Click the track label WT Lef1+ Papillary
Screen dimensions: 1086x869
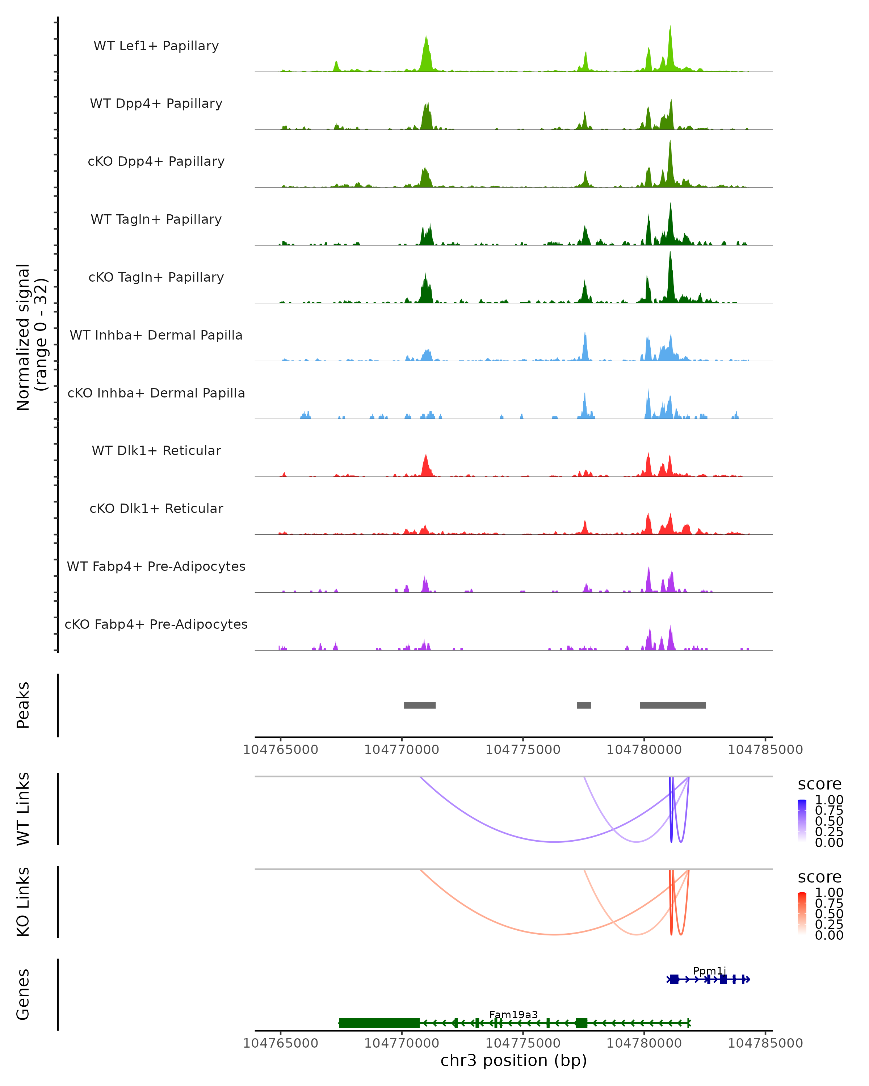pos(156,46)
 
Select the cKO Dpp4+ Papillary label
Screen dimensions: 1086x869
pos(156,161)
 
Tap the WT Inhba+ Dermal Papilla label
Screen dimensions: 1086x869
pos(156,335)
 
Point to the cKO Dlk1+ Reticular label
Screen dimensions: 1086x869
pos(156,508)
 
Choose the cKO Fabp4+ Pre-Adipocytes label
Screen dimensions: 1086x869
pos(156,624)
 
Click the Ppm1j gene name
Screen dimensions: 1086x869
pos(709,971)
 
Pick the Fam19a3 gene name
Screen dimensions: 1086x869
pos(513,1014)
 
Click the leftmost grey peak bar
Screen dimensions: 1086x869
pos(420,705)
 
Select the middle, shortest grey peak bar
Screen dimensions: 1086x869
pos(584,705)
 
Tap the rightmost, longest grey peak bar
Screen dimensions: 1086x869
pos(672,705)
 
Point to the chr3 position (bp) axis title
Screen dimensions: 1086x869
pos(513,1060)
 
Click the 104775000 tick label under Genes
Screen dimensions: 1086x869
pos(523,1043)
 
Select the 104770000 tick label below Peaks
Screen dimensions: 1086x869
pos(402,750)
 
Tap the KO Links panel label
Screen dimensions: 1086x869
pos(23,902)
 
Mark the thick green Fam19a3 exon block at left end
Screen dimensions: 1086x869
pos(379,1023)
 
